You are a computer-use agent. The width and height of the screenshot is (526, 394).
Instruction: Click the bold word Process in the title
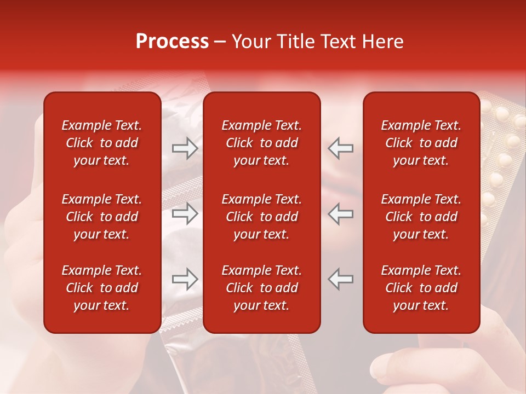click(x=172, y=42)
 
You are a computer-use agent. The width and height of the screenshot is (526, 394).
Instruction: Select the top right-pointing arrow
click(x=185, y=148)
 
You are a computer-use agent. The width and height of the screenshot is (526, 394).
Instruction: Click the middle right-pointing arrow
click(x=185, y=213)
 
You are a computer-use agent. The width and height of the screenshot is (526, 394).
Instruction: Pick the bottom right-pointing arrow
click(x=185, y=279)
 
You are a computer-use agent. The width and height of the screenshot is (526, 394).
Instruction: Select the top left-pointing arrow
click(x=340, y=148)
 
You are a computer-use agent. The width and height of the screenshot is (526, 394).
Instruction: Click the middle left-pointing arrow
click(x=340, y=213)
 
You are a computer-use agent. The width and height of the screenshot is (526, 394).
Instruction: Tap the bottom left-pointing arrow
click(x=340, y=279)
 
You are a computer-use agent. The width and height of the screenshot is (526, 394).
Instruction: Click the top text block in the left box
click(x=101, y=143)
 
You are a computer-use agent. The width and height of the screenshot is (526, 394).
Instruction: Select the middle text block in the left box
click(x=101, y=217)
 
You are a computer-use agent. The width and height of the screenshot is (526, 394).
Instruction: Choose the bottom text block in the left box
click(x=101, y=288)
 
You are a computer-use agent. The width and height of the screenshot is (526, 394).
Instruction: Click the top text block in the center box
click(x=261, y=143)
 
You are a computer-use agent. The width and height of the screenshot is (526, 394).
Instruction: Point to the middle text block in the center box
click(x=261, y=217)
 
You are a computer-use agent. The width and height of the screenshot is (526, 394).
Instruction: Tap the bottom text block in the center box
click(x=261, y=288)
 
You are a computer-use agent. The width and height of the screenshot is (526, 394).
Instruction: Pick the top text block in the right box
click(x=421, y=143)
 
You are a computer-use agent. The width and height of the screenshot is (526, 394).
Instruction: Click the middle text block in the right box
click(x=421, y=217)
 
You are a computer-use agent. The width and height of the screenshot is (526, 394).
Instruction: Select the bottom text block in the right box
click(x=421, y=288)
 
